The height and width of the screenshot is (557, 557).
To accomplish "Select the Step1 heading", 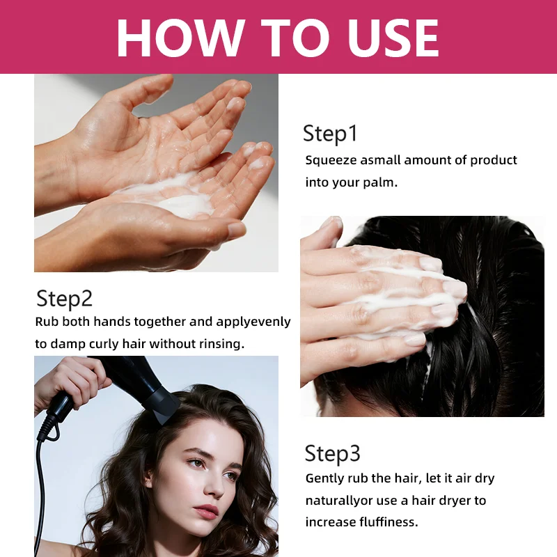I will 330,133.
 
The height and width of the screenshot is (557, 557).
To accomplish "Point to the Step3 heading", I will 333,453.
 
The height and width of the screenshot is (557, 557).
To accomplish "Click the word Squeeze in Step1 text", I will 330,160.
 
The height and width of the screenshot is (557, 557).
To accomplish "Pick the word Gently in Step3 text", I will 326,478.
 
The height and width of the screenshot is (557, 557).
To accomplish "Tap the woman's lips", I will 207,512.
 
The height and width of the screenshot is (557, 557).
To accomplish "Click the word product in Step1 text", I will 493,160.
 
